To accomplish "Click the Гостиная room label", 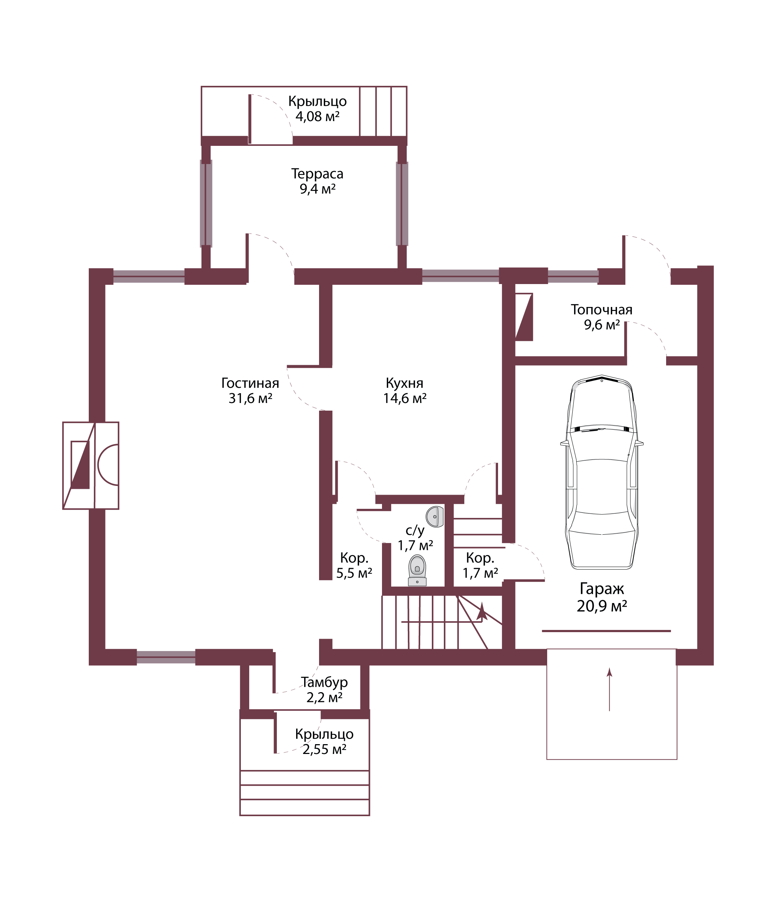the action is click(250, 383).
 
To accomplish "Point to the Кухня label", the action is click(405, 383).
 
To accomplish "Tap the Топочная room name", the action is click(602, 310).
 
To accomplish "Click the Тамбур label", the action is click(324, 682).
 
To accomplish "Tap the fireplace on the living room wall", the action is click(91, 466).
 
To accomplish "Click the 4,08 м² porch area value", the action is click(317, 116).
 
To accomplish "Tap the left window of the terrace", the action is click(206, 203).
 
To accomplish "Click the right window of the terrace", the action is click(402, 203).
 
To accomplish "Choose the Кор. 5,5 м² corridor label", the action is click(354, 566).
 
